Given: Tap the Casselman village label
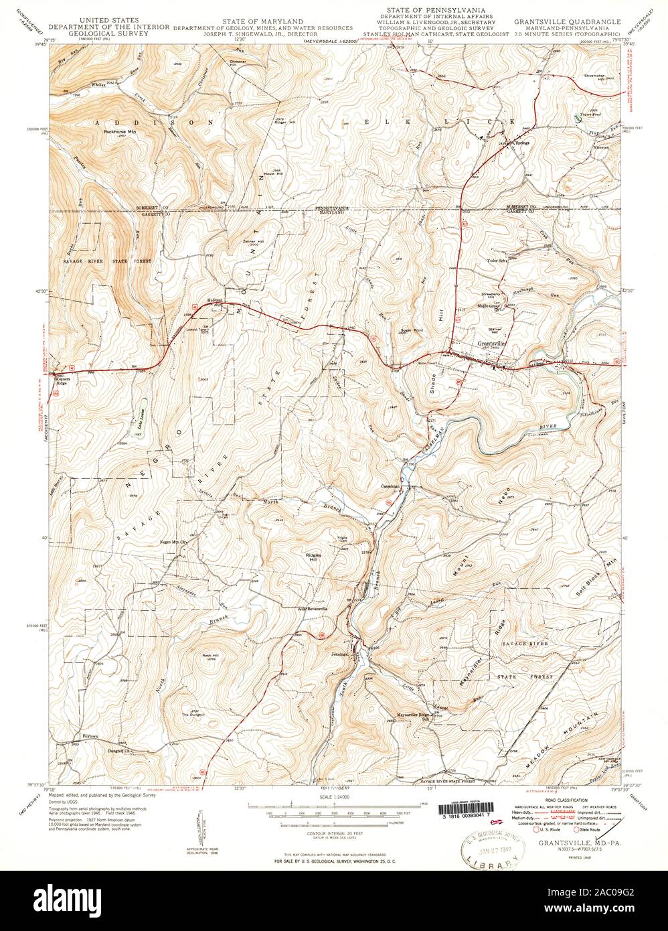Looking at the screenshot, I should point(390,486).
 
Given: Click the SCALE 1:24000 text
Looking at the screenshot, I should point(334,796).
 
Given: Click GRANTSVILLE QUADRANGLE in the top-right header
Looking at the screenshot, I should point(567,22).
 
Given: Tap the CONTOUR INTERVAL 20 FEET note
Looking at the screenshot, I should point(333,826).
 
